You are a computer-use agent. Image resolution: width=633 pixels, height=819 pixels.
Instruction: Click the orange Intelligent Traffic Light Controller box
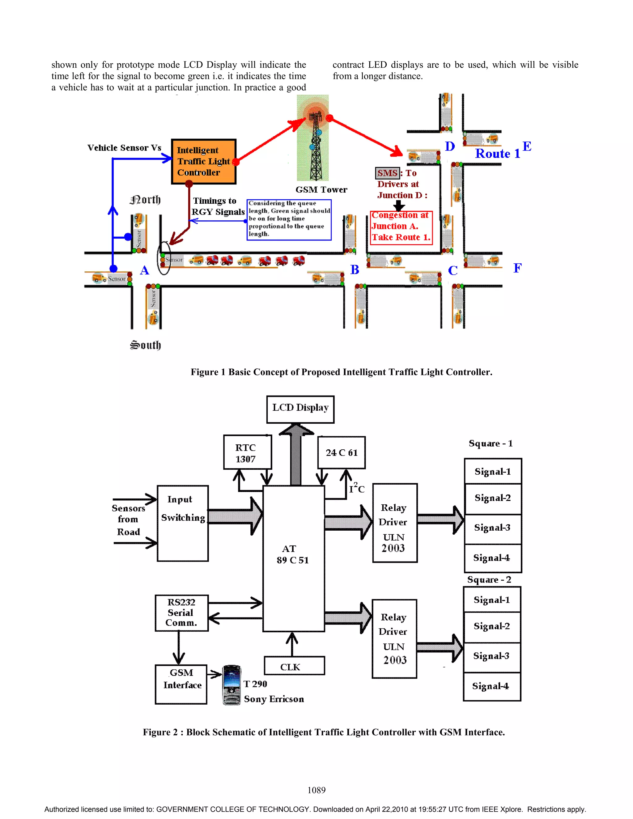click(204, 162)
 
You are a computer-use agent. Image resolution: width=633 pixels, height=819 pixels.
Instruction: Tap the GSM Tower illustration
click(313, 139)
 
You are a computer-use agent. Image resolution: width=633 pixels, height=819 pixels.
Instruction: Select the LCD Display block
click(300, 409)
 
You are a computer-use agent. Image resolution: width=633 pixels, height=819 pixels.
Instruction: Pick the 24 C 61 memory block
click(341, 453)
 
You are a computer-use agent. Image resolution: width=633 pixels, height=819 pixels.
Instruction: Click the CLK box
click(294, 666)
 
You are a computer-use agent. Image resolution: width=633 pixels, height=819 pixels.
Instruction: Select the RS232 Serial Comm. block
click(181, 613)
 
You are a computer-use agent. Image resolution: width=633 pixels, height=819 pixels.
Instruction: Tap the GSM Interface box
click(181, 684)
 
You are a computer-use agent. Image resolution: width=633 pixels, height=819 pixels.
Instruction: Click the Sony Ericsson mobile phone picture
click(232, 685)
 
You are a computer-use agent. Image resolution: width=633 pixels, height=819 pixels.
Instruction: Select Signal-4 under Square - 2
click(491, 686)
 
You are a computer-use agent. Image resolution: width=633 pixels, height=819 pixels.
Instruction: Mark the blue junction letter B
click(355, 269)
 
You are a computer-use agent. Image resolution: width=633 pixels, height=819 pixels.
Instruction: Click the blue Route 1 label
click(497, 154)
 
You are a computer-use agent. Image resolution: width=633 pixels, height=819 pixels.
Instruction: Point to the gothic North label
click(145, 200)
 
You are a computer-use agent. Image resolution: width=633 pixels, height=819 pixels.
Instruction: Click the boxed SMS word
click(387, 173)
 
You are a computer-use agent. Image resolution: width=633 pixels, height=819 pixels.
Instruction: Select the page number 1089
click(316, 790)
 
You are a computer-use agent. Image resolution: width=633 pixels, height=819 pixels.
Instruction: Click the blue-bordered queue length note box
click(289, 219)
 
